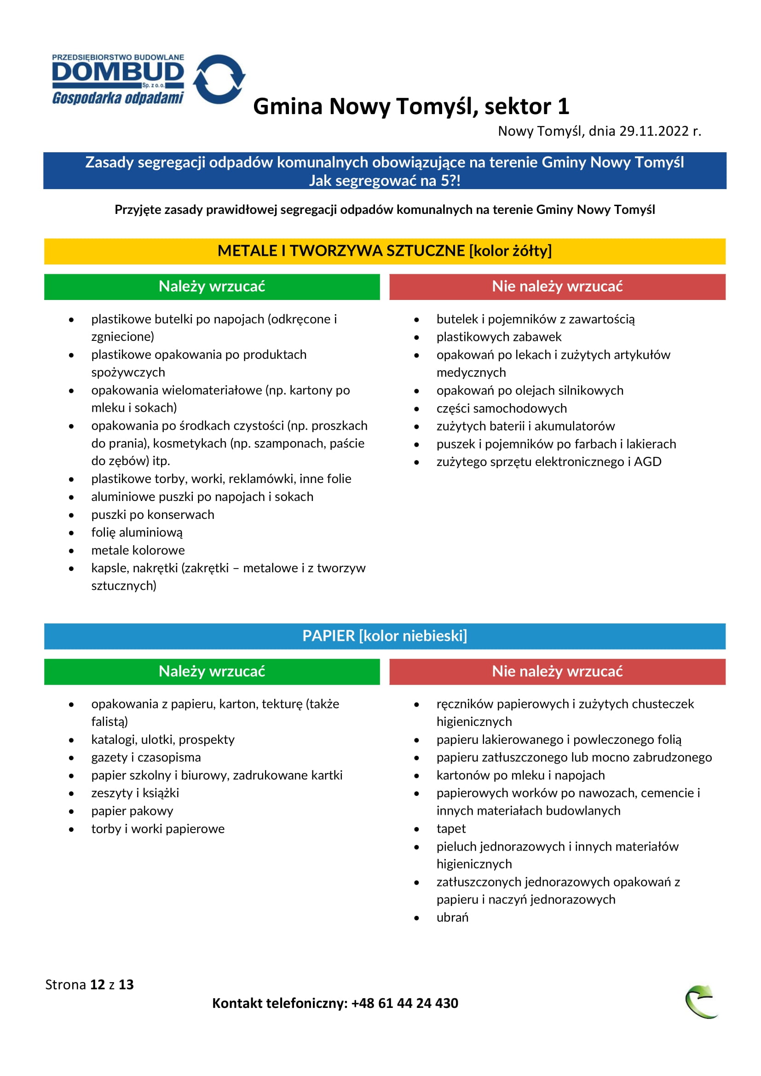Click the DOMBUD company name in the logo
click(x=118, y=72)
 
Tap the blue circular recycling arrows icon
click(x=219, y=79)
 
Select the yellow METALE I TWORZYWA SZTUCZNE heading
click(x=384, y=251)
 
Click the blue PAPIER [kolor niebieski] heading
click(x=384, y=636)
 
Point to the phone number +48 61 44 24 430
click(x=404, y=1003)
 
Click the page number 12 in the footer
click(x=98, y=984)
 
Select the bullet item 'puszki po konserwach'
click(x=153, y=515)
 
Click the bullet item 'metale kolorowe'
click(x=138, y=550)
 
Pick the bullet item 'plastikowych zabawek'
click(x=499, y=337)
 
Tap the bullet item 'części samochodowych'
click(x=502, y=408)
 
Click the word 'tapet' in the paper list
click(x=451, y=829)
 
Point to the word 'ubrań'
click(x=452, y=918)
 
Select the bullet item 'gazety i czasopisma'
click(x=146, y=757)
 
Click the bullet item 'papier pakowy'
click(x=132, y=811)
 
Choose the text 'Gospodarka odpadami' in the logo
click(x=118, y=98)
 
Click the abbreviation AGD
click(x=648, y=461)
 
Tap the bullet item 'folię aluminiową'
click(x=137, y=532)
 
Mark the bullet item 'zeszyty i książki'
click(x=135, y=793)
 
